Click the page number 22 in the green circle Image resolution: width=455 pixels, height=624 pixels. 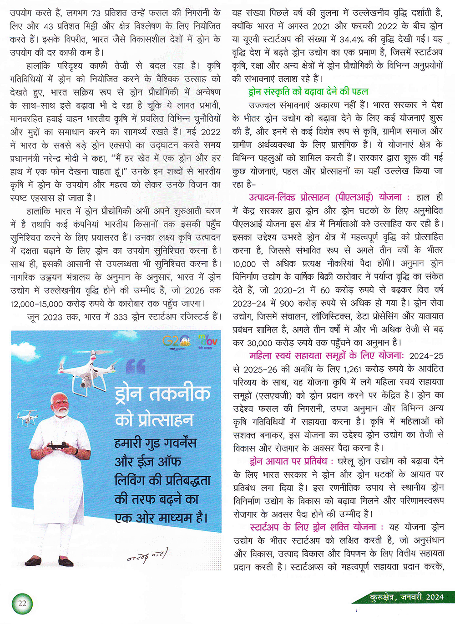(x=22, y=604)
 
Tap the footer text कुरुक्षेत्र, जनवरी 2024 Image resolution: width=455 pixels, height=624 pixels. (x=407, y=597)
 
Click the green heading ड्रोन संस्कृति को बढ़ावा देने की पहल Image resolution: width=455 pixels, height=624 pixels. (x=308, y=91)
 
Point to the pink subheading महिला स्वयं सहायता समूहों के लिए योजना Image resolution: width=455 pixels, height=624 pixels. (x=326, y=355)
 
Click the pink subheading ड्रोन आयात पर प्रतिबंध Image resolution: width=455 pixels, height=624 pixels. (x=288, y=461)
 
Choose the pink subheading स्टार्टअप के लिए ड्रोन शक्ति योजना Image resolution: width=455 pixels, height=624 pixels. (x=313, y=527)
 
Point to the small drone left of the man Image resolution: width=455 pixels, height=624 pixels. (x=26, y=417)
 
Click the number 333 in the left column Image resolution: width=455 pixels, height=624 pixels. (x=121, y=317)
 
